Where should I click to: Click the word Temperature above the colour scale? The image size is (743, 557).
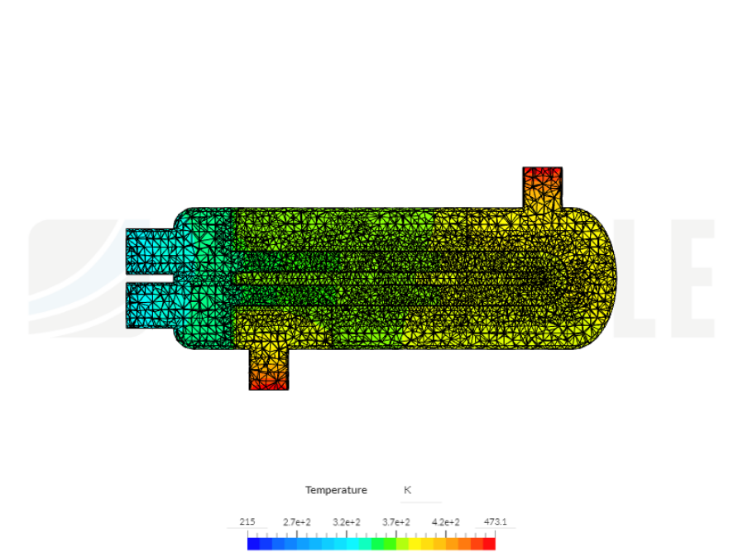[x=336, y=490]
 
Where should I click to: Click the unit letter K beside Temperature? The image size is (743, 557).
[x=407, y=490]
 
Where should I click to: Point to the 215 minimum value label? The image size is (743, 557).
[x=247, y=522]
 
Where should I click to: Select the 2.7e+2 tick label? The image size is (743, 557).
[x=296, y=522]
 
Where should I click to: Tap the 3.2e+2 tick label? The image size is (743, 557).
[x=346, y=522]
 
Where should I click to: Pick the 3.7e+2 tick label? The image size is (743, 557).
[x=396, y=522]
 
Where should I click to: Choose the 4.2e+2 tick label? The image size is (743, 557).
[x=446, y=522]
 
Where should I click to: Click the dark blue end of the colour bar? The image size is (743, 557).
[x=253, y=544]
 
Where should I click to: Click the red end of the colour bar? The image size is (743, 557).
[x=489, y=544]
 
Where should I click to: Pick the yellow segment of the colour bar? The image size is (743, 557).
[x=426, y=544]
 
